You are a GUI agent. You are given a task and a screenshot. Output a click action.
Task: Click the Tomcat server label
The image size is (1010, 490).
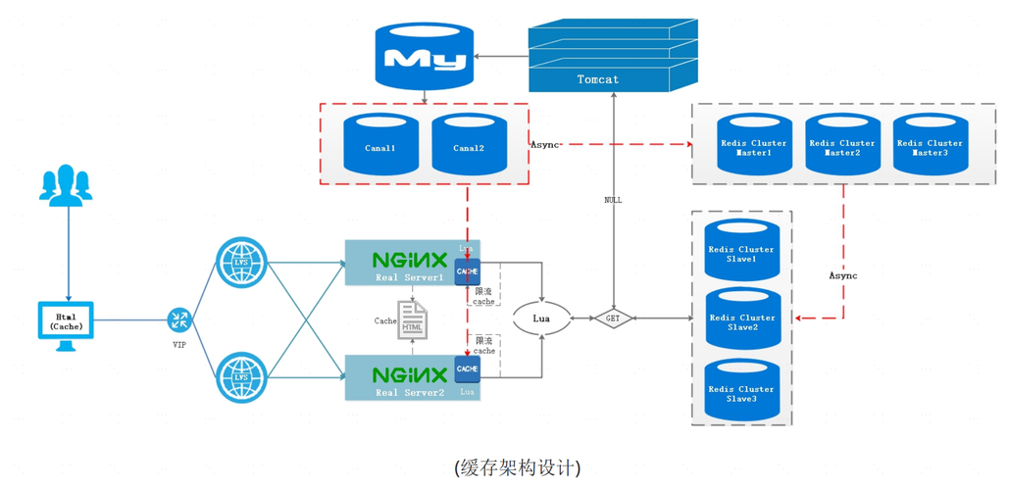pos(598,78)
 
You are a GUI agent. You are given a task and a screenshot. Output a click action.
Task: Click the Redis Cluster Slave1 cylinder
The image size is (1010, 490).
pos(741,252)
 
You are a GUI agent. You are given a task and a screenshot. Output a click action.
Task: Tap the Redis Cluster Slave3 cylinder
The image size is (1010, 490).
pos(741,391)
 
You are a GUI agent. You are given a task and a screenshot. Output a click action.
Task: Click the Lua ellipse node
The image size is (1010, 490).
pos(541,318)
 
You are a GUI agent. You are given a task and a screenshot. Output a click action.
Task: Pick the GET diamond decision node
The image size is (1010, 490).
pos(613,318)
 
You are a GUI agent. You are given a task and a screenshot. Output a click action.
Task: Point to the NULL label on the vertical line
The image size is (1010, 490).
pos(613,200)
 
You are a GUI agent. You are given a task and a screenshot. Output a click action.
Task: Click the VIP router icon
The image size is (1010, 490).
pos(178,319)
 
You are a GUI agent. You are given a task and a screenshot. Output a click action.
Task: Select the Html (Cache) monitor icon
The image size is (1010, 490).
pos(66,320)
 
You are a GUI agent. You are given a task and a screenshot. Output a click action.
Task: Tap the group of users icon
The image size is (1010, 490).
pos(67,185)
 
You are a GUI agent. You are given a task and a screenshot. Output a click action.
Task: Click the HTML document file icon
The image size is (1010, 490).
pos(412,320)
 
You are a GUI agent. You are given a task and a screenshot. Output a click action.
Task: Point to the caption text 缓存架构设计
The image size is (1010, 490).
pos(518,467)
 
